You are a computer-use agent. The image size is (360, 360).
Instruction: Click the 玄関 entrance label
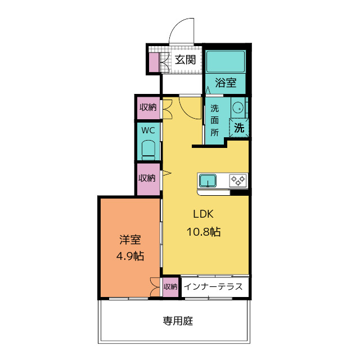[185, 59]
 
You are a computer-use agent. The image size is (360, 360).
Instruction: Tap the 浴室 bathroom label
[226, 83]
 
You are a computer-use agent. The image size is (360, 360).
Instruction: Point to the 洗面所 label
[214, 120]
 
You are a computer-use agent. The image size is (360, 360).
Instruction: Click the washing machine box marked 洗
[239, 128]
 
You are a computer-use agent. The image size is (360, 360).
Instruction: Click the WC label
[148, 130]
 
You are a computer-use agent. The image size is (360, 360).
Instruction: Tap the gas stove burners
[238, 181]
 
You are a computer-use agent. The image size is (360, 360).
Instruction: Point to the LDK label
[203, 214]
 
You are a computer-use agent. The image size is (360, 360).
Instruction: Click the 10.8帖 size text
[203, 231]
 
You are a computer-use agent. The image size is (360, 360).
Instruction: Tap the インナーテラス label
[214, 286]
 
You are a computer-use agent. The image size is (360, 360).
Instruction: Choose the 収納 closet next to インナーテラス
[170, 286]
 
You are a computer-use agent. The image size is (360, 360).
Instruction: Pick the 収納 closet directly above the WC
[148, 107]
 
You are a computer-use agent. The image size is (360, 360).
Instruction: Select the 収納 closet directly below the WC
[148, 178]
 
